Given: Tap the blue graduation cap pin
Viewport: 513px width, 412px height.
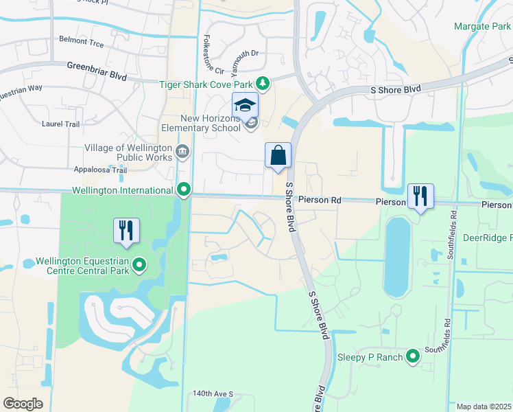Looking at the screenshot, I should (245, 106).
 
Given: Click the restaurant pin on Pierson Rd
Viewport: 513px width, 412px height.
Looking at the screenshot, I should (420, 197).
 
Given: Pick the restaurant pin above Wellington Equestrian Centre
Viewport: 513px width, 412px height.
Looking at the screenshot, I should (126, 231).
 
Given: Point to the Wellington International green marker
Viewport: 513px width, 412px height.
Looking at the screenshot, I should (184, 190).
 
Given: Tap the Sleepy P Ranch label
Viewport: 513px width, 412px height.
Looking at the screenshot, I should (370, 357).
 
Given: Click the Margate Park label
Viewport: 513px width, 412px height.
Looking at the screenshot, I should (482, 26).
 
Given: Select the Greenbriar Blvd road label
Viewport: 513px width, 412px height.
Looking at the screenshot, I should (97, 71).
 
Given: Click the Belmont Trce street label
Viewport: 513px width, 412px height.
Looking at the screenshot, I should (81, 44).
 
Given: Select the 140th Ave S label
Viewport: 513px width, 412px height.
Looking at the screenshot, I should (213, 394).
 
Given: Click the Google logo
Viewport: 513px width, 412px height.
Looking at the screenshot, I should (23, 404).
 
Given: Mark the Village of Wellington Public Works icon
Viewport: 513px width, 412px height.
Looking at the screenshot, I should (182, 151).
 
